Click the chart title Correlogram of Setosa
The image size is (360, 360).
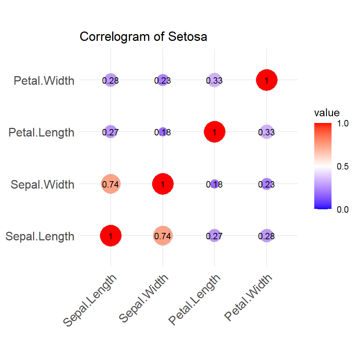click(x=143, y=37)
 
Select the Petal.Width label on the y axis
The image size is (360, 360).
click(x=44, y=80)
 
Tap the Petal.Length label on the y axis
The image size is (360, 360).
click(x=42, y=132)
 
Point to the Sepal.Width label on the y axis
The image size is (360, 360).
click(x=42, y=184)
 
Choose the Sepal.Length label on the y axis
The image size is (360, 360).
click(x=40, y=237)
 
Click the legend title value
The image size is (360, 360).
click(x=327, y=113)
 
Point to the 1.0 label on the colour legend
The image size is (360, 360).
click(x=342, y=123)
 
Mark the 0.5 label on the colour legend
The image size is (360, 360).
click(x=342, y=166)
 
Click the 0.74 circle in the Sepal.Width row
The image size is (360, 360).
click(x=111, y=184)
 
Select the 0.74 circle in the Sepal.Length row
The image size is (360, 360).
click(x=162, y=236)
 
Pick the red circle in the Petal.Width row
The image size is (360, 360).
click(x=266, y=80)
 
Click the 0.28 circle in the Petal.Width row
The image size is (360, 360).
click(x=111, y=80)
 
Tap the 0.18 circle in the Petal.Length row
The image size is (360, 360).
click(x=162, y=132)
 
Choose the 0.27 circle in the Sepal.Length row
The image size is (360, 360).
click(x=214, y=236)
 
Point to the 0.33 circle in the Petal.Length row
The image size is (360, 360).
click(x=266, y=132)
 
